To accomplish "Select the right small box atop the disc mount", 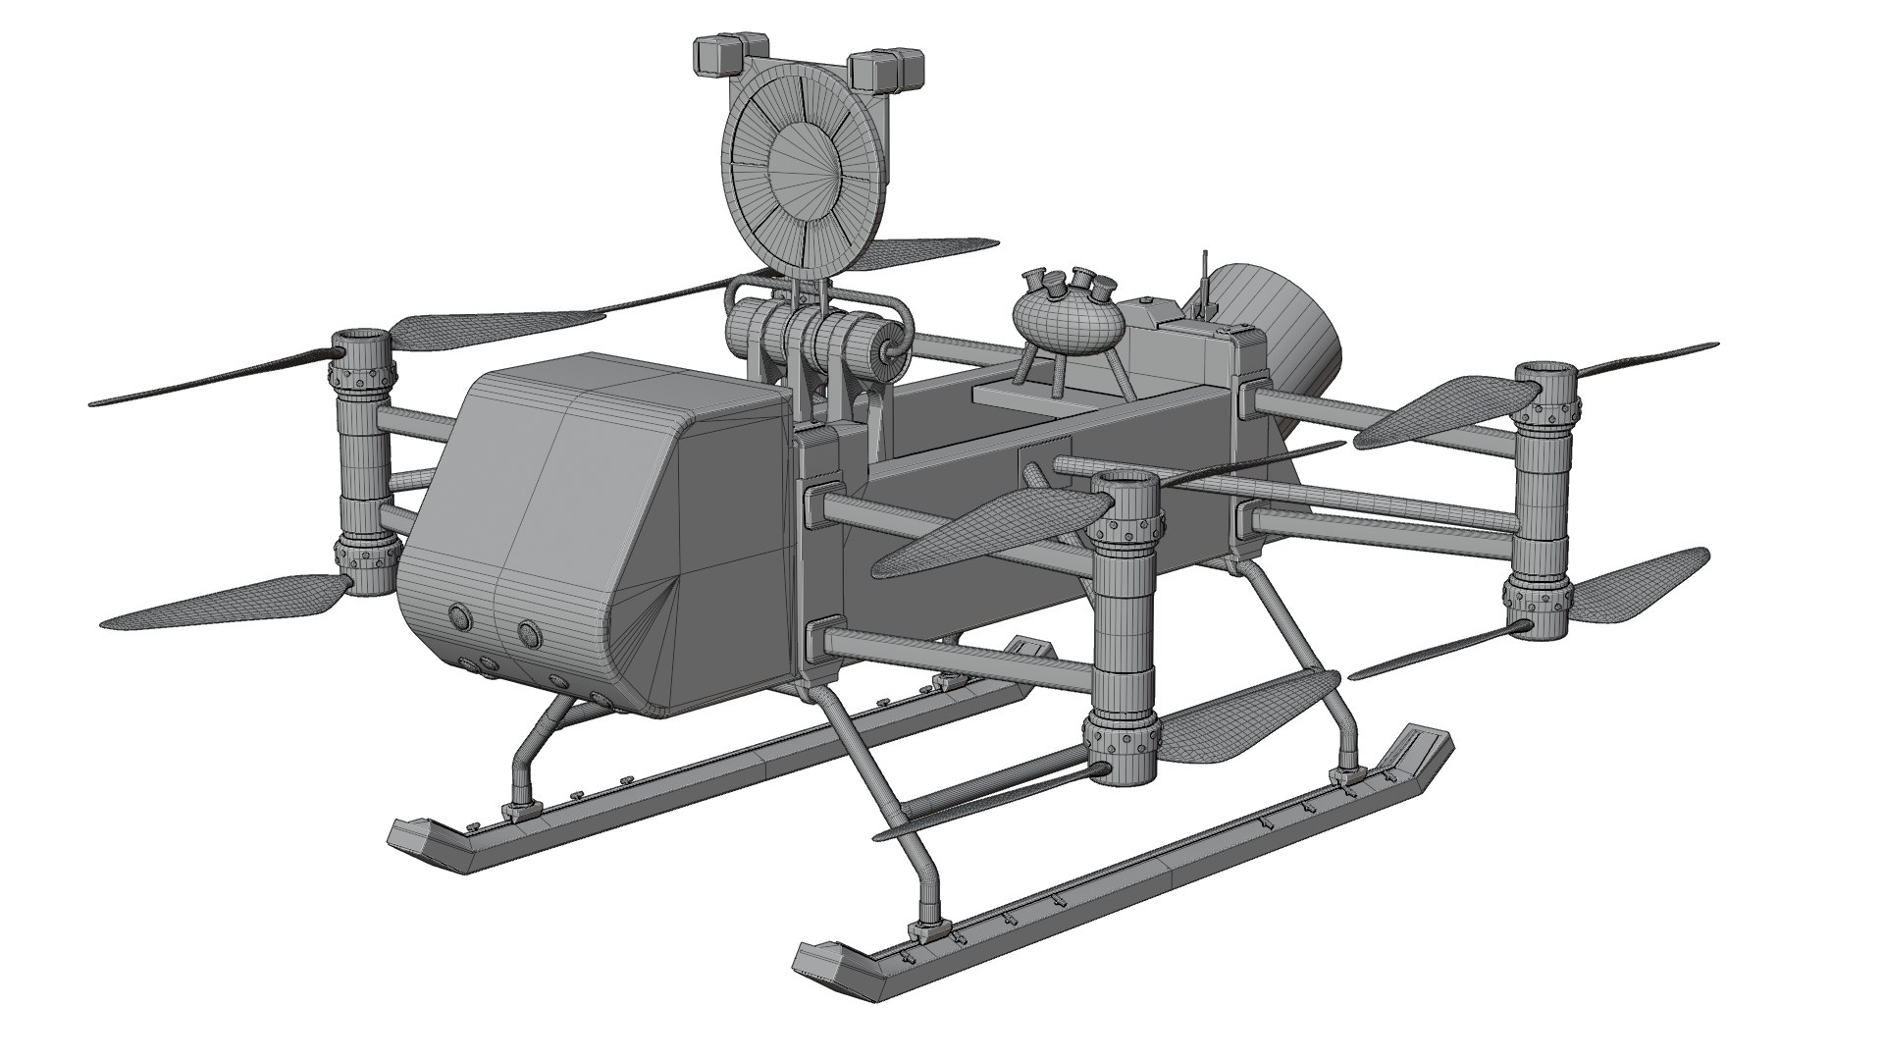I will point(885,70).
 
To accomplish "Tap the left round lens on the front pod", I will point(459,617).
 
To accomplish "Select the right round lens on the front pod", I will point(529,631).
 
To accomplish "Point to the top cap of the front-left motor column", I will point(360,344).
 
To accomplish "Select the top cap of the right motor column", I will point(1546,373).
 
